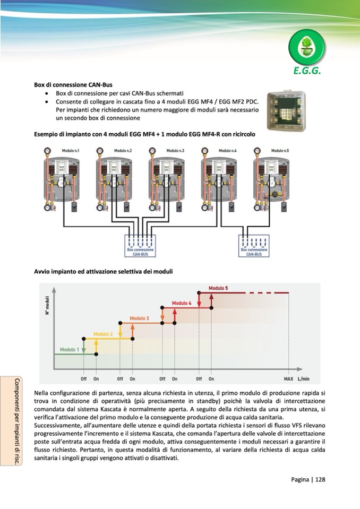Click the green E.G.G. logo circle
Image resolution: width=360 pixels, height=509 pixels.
(307, 46)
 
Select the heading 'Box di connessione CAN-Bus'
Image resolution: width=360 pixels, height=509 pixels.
(73, 84)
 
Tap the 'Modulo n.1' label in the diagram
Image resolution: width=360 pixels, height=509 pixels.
(71, 151)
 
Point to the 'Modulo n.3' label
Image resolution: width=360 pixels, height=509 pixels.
(175, 151)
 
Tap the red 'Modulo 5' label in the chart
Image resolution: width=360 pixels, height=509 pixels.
(218, 288)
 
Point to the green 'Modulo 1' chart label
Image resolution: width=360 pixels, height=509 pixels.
(70, 349)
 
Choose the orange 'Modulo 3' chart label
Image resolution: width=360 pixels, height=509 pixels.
(140, 318)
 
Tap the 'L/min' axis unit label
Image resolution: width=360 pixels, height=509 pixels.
(304, 379)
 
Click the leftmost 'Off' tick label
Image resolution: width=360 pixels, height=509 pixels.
(84, 379)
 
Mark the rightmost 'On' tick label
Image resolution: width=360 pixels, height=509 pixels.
(211, 379)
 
